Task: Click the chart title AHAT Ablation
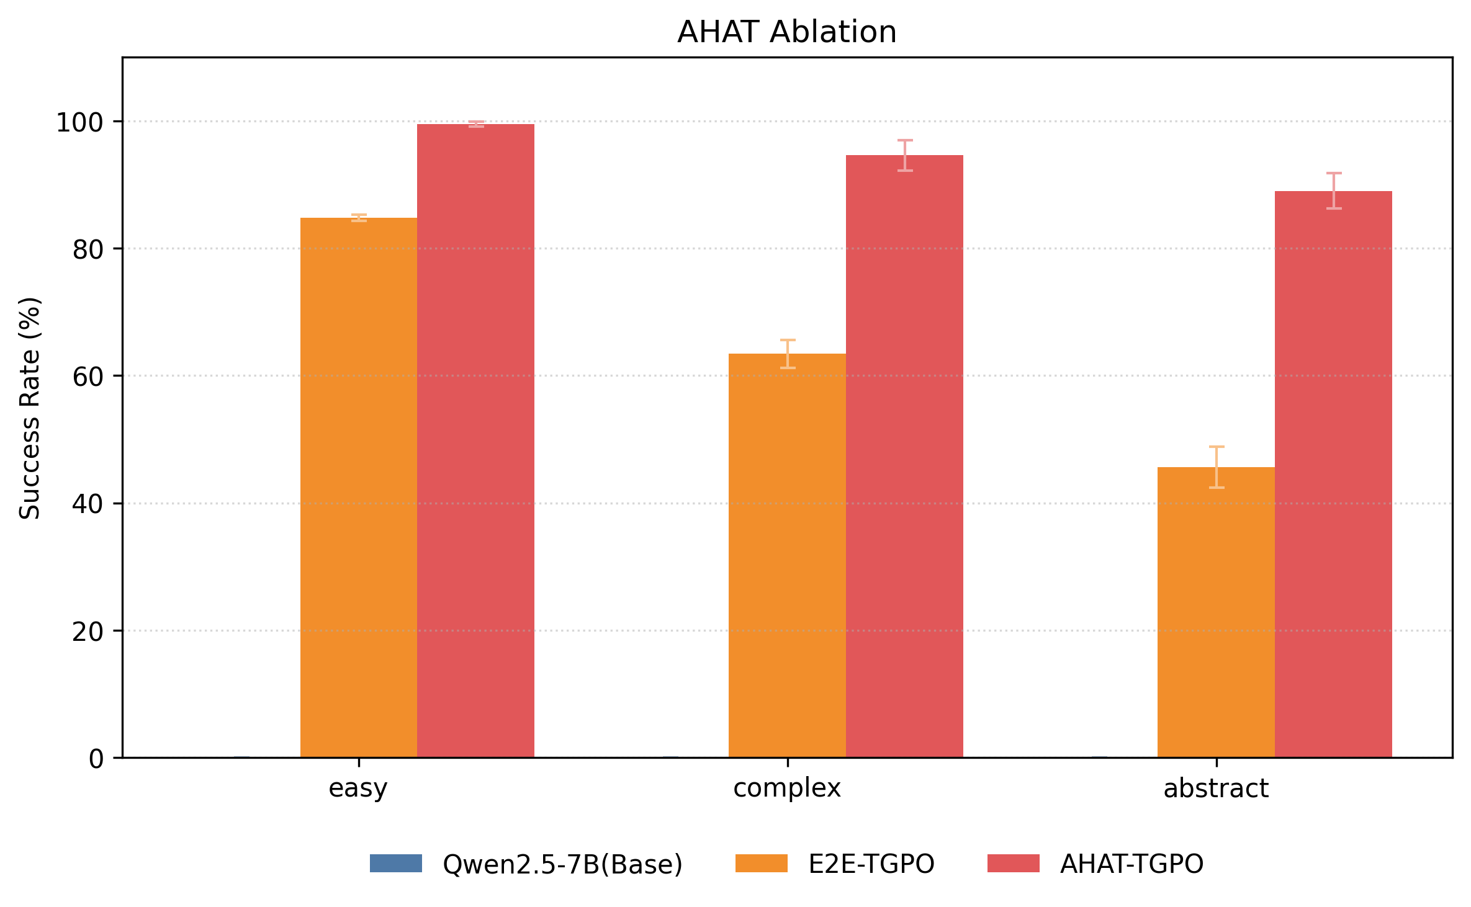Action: (786, 32)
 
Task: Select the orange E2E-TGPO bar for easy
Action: (359, 487)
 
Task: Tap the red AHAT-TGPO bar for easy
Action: (475, 440)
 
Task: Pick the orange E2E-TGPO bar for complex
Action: (787, 555)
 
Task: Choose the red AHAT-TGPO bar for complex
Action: (904, 456)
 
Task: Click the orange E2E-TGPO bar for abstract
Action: (1216, 612)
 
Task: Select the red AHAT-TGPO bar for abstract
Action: (1333, 474)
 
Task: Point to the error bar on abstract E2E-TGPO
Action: (1217, 467)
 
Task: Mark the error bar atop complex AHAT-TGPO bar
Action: (905, 155)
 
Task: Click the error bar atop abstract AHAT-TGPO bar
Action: (1334, 190)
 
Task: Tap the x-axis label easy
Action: (358, 789)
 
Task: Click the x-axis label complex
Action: (786, 789)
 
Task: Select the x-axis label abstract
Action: (1215, 789)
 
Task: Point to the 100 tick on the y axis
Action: (79, 122)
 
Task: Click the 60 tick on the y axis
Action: (87, 377)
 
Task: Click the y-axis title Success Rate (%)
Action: (30, 408)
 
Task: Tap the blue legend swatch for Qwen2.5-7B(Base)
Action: (396, 864)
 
